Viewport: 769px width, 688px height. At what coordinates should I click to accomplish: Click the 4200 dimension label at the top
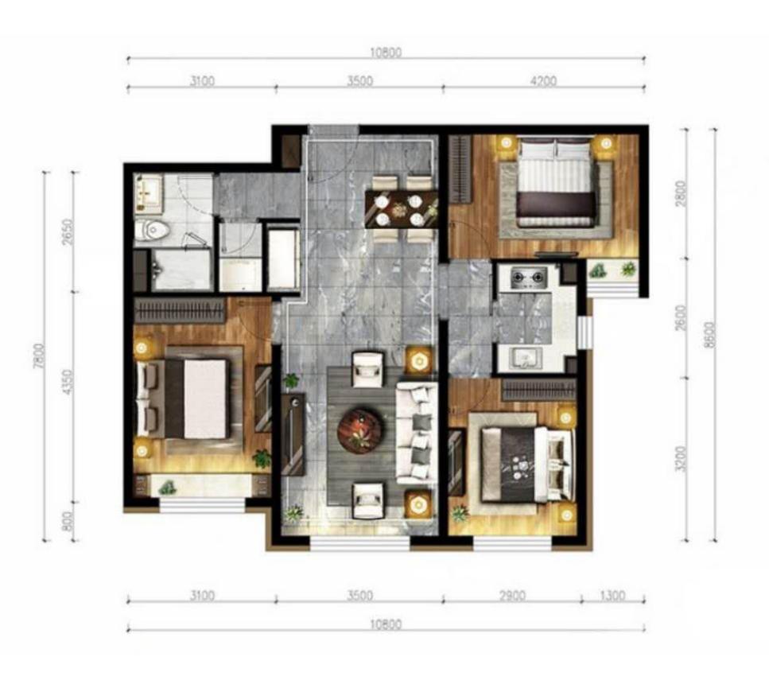tap(543, 81)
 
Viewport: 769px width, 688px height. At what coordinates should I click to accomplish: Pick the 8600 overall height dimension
tap(709, 335)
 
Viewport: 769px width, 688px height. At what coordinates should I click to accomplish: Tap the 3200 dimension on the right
tap(681, 459)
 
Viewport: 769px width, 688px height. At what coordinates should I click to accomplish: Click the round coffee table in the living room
tap(360, 432)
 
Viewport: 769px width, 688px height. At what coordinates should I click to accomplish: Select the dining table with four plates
tap(401, 209)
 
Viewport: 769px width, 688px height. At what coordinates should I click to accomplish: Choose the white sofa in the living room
tap(417, 433)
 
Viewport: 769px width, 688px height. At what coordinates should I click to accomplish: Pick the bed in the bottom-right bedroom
tap(526, 464)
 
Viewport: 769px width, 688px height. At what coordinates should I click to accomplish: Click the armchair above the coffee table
tap(368, 369)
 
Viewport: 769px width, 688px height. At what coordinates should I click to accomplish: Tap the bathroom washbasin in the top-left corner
tap(149, 195)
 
